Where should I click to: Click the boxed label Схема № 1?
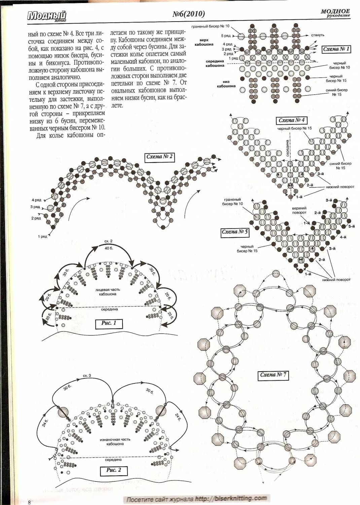click(336, 49)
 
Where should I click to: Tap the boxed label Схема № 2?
click(160, 157)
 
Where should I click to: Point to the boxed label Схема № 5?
click(235, 232)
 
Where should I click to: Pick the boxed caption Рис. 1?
click(109, 323)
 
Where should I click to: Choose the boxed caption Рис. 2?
click(114, 470)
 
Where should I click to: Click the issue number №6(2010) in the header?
click(188, 14)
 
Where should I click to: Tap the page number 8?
click(30, 502)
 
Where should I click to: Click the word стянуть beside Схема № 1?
click(317, 35)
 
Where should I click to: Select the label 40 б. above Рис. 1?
click(109, 248)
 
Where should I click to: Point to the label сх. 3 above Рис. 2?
click(87, 375)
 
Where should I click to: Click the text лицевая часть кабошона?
click(108, 292)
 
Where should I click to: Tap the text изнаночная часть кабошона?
click(115, 442)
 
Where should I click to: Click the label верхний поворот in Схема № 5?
click(299, 210)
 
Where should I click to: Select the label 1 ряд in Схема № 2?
click(43, 236)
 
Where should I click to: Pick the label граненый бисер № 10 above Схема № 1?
click(210, 26)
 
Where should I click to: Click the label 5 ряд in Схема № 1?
click(225, 35)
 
